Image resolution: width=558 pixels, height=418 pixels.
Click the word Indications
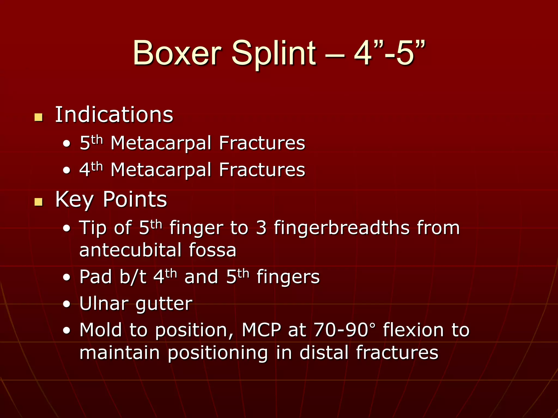coord(114,115)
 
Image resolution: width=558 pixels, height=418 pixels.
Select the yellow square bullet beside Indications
coord(39,117)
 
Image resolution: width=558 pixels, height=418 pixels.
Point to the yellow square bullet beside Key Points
coord(39,202)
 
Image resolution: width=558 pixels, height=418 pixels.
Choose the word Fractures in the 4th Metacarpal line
coord(262,170)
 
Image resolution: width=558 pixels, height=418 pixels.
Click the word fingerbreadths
coord(342,228)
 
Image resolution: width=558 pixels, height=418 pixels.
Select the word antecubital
coord(130,250)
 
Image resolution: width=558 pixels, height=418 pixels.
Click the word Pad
coord(96,277)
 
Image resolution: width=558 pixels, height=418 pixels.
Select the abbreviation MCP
coord(261,330)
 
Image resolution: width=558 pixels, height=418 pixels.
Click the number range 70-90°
coord(345,330)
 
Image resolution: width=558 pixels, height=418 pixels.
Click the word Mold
coord(101,330)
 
